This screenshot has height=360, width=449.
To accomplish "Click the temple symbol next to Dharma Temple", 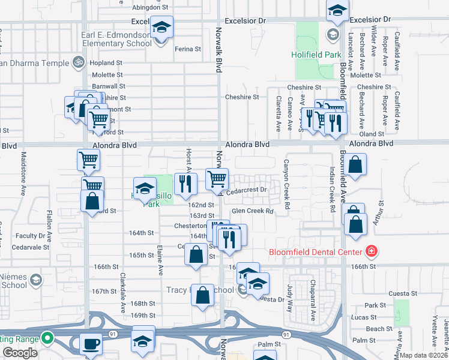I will (x=77, y=62).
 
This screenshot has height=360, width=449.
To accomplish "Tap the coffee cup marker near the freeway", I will (x=91, y=343).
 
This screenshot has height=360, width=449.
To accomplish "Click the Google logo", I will (x=20, y=353).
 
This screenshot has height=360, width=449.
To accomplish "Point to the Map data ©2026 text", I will (x=424, y=355).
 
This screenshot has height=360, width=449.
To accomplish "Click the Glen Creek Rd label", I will (x=252, y=211).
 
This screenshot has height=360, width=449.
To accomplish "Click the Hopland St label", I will (x=106, y=62).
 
